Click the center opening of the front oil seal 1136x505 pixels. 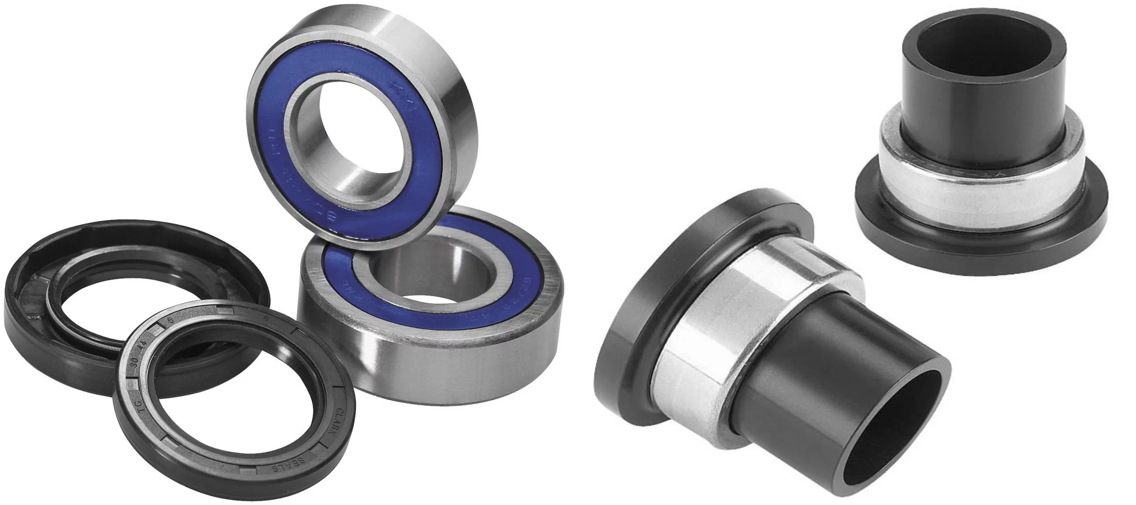click(234, 403)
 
